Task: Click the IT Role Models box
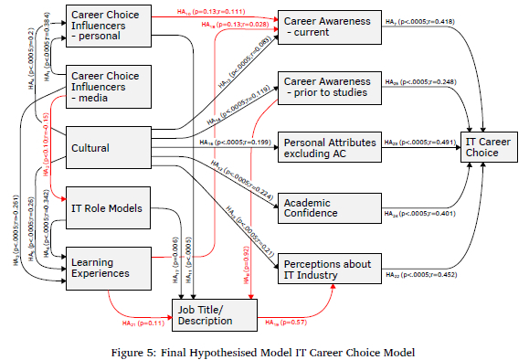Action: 105,209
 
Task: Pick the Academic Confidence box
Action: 323,206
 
